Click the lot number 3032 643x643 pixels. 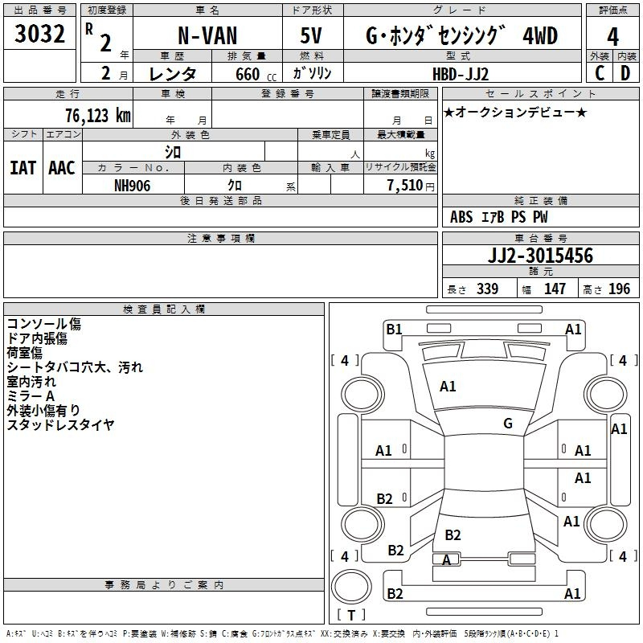coord(39,33)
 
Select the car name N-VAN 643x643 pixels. coord(207,35)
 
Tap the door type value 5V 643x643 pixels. coord(311,35)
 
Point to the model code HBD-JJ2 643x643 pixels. coord(461,74)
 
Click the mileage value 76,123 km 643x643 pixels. coord(98,115)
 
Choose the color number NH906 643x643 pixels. coord(132,186)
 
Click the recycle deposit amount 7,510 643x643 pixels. coord(405,186)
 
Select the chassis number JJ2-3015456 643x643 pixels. coord(540,255)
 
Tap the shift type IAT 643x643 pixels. coord(23,168)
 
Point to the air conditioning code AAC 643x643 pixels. coord(62,168)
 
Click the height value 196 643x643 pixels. coord(619,289)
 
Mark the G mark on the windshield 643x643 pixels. coord(508,423)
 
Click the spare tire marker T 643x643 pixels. coord(351,616)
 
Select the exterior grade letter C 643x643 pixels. coord(600,73)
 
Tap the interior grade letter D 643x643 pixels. coord(625,73)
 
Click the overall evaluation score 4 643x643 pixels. coord(612,36)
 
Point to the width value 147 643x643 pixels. coord(555,289)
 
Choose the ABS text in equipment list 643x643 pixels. coord(461,217)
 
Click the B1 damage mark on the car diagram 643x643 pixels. coord(395,329)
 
